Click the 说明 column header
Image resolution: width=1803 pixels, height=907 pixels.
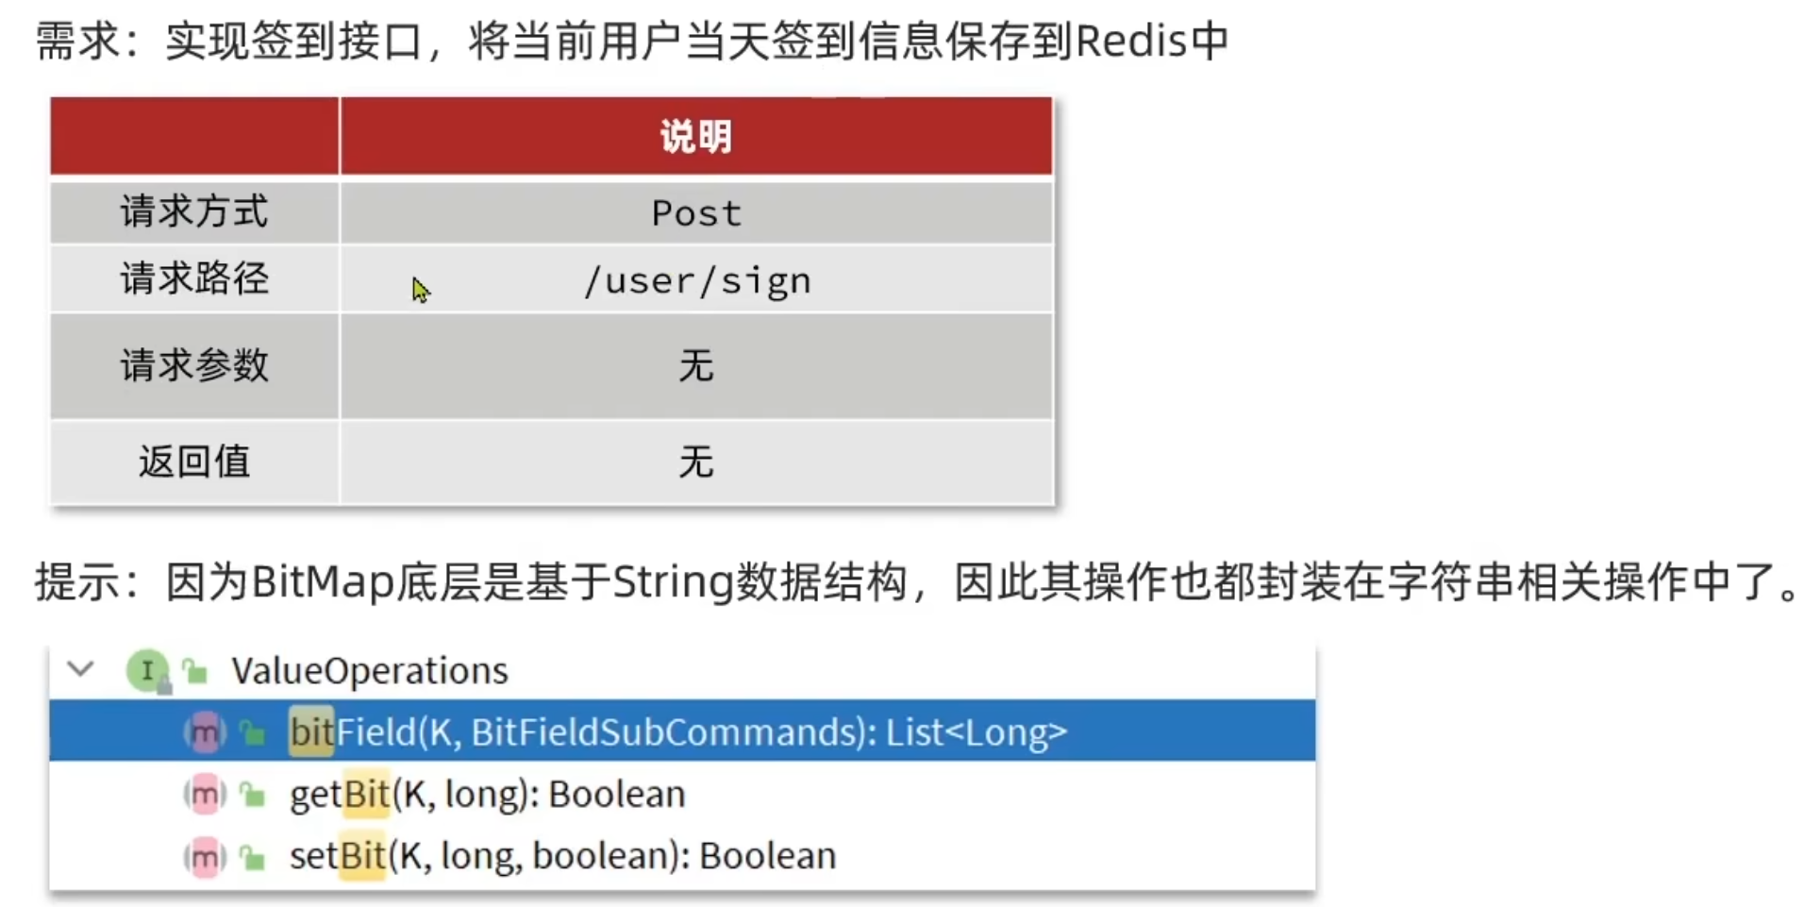[695, 137]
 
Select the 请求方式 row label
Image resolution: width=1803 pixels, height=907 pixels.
[193, 211]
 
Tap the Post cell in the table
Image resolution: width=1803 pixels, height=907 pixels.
[696, 213]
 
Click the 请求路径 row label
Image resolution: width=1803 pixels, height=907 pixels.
[193, 279]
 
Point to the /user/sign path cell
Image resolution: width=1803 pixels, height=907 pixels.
[696, 281]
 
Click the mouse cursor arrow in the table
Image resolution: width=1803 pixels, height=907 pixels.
[420, 289]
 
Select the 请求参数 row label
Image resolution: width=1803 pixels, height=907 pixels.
[193, 365]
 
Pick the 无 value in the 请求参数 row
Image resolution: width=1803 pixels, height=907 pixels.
[696, 365]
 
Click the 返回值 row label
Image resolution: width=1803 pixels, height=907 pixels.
[193, 462]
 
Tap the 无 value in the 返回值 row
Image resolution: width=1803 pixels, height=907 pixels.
[696, 462]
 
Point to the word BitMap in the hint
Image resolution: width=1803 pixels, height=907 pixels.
[322, 582]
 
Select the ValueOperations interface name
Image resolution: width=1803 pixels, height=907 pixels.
[370, 671]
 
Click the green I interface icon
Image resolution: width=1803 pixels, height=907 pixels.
[147, 671]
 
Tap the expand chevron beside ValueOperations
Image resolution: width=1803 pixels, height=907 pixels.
[81, 670]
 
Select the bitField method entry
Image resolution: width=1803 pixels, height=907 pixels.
[677, 732]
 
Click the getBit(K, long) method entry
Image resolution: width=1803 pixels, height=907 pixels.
[487, 795]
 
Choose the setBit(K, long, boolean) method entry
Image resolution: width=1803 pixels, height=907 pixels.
[562, 856]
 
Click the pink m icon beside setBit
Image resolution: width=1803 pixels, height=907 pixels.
[205, 857]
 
